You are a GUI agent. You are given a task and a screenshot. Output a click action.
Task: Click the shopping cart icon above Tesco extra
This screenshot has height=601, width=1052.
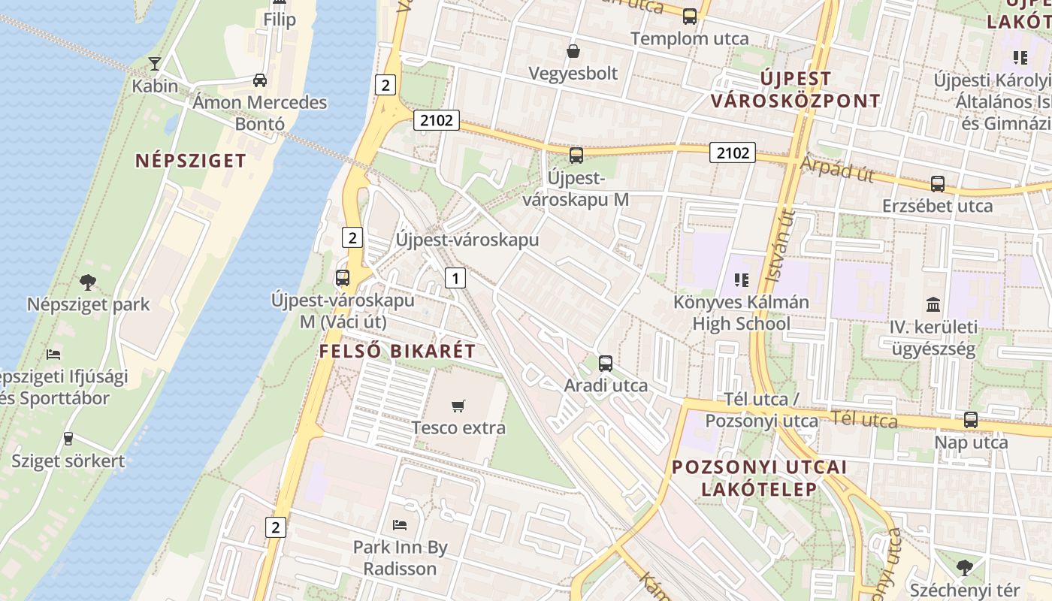(x=458, y=406)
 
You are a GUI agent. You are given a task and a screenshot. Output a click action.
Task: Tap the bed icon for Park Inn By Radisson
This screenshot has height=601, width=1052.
(x=400, y=524)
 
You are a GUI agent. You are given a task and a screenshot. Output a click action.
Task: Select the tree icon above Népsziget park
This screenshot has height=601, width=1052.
(x=88, y=282)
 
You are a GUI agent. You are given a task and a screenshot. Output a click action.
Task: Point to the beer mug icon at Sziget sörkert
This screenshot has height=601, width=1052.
(x=68, y=438)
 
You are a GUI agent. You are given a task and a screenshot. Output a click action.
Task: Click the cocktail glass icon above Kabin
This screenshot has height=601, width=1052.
(x=155, y=63)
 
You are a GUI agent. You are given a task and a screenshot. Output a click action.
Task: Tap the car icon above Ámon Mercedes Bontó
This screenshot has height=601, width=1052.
(x=259, y=80)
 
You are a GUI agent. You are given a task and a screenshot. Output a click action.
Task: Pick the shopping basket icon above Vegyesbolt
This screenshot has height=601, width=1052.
(x=573, y=51)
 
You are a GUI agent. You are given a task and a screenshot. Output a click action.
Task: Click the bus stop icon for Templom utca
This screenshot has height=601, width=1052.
(x=690, y=16)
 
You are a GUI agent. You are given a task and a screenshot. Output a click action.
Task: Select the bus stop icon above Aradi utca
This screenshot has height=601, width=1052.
(x=606, y=364)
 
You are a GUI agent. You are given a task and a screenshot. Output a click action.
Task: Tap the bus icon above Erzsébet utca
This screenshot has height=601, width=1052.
(x=938, y=183)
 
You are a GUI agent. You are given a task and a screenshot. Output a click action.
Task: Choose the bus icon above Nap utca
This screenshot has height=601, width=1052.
(x=971, y=420)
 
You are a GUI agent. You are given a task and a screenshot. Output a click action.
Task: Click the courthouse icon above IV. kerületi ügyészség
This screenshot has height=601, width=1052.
(x=933, y=304)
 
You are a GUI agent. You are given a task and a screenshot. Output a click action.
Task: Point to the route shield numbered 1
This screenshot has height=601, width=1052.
(x=455, y=278)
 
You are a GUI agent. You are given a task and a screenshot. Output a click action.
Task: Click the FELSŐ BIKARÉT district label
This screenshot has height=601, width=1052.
(x=398, y=351)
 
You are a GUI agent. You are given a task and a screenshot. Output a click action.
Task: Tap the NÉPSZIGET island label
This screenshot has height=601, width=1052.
(x=191, y=160)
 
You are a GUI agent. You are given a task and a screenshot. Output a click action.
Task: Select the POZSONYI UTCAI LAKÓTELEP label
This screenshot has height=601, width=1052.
(x=759, y=478)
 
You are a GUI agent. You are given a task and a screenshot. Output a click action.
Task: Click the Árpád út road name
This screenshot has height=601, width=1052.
(x=836, y=169)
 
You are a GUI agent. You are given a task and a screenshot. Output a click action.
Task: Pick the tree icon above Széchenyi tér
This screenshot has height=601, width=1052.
(x=965, y=568)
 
